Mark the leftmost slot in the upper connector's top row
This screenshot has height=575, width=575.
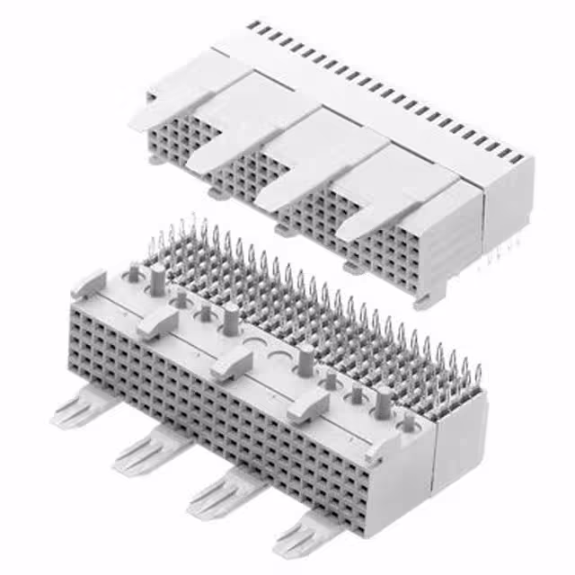click(252, 26)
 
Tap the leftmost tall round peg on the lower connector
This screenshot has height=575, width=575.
click(158, 279)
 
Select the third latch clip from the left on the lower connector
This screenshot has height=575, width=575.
click(232, 363)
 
